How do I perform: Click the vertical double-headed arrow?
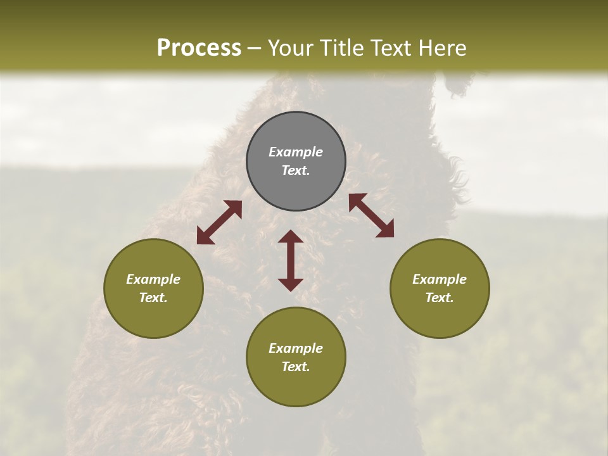click(x=291, y=260)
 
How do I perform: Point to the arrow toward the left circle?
click(x=219, y=222)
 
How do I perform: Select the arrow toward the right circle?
click(x=371, y=215)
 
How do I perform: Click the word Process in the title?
click(x=199, y=48)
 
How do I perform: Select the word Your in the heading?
click(x=290, y=48)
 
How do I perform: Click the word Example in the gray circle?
click(x=296, y=152)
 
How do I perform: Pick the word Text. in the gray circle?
click(x=296, y=170)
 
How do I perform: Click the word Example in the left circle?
click(x=153, y=279)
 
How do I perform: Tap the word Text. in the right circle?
click(x=440, y=298)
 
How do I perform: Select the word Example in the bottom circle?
click(x=296, y=348)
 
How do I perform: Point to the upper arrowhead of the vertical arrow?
click(x=291, y=237)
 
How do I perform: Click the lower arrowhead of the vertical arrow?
click(x=291, y=284)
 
